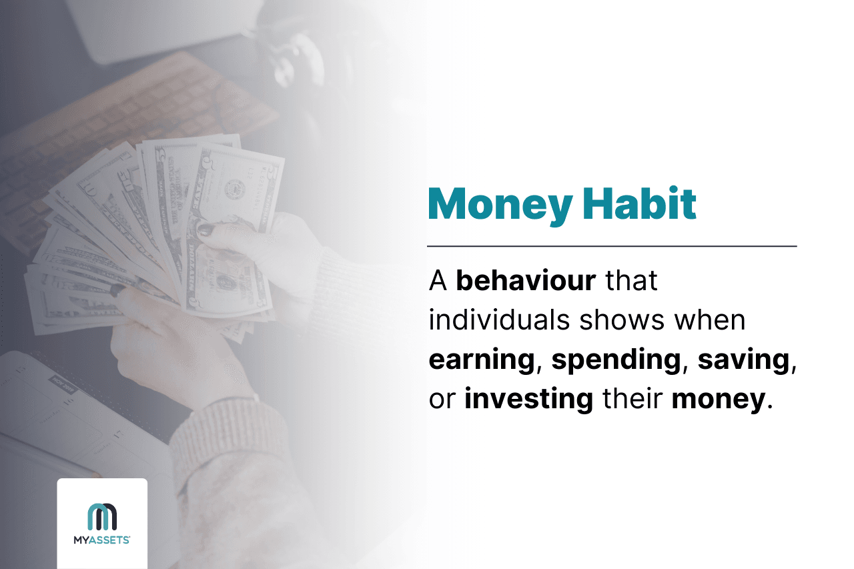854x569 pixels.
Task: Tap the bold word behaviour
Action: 526,281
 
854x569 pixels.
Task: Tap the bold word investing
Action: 528,399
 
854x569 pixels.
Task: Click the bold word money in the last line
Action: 717,399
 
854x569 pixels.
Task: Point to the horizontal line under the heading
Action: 612,246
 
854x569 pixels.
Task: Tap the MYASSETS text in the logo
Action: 102,541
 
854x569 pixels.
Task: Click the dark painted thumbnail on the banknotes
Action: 205,231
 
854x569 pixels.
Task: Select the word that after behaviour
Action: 631,281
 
